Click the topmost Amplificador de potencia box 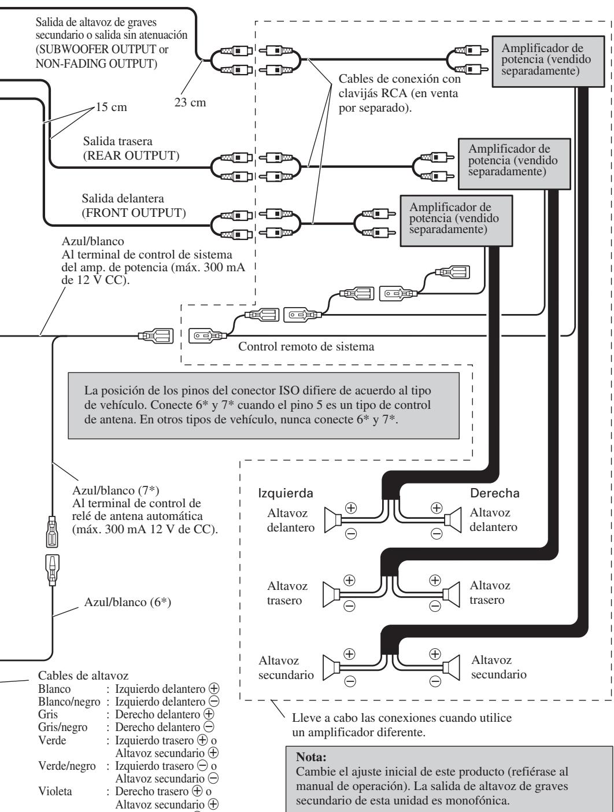tap(548, 61)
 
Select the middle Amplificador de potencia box tap(514, 164)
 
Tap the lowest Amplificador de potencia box tap(456, 221)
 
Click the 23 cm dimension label tap(190, 102)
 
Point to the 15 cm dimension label tap(111, 107)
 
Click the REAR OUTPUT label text tap(131, 156)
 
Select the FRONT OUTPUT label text tap(134, 213)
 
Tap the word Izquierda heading tap(286, 493)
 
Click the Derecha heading tap(494, 493)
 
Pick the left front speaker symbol tap(332, 520)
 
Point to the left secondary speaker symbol tap(331, 667)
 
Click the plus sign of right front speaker tap(437, 508)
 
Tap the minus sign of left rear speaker tap(349, 606)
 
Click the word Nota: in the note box tap(311, 757)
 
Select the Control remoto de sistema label tap(306, 346)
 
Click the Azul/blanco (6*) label tap(128, 602)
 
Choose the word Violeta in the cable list tap(55, 791)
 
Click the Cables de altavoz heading tap(83, 676)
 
